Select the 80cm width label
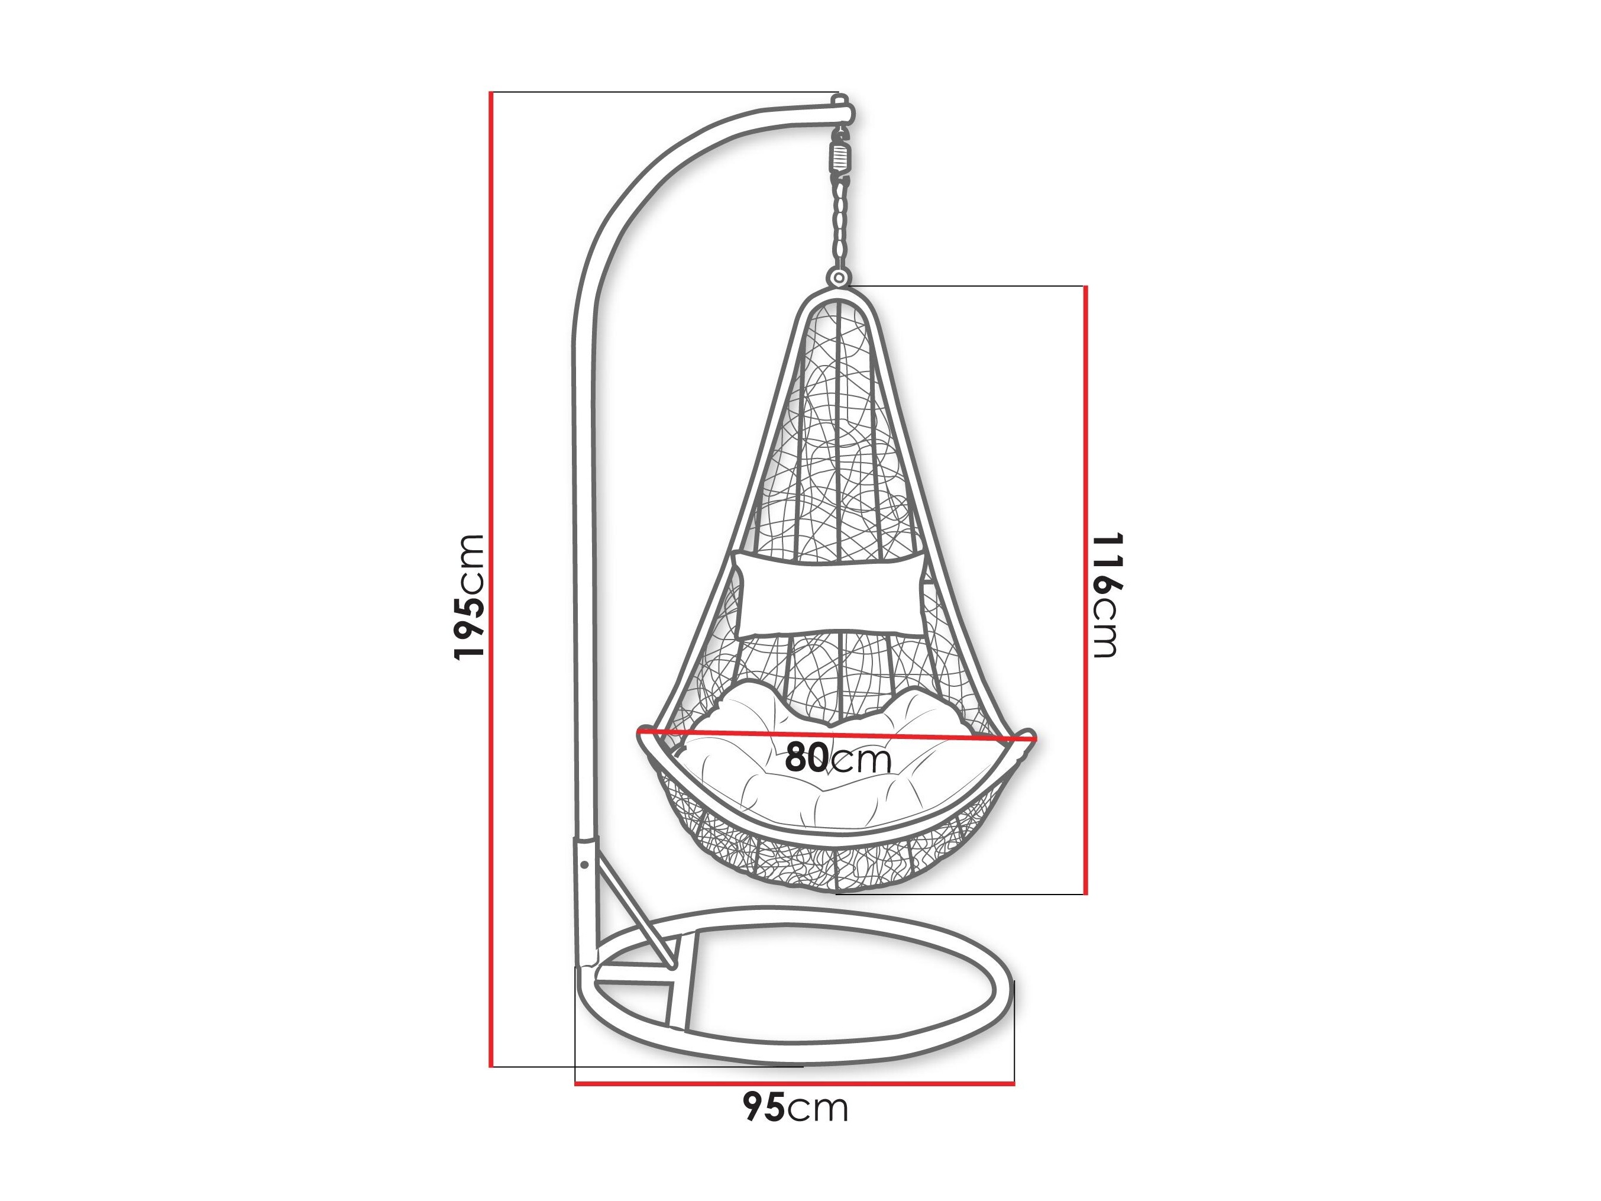pyautogui.click(x=838, y=758)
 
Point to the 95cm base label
pyautogui.click(x=795, y=1108)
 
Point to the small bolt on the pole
pyautogui.click(x=584, y=864)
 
